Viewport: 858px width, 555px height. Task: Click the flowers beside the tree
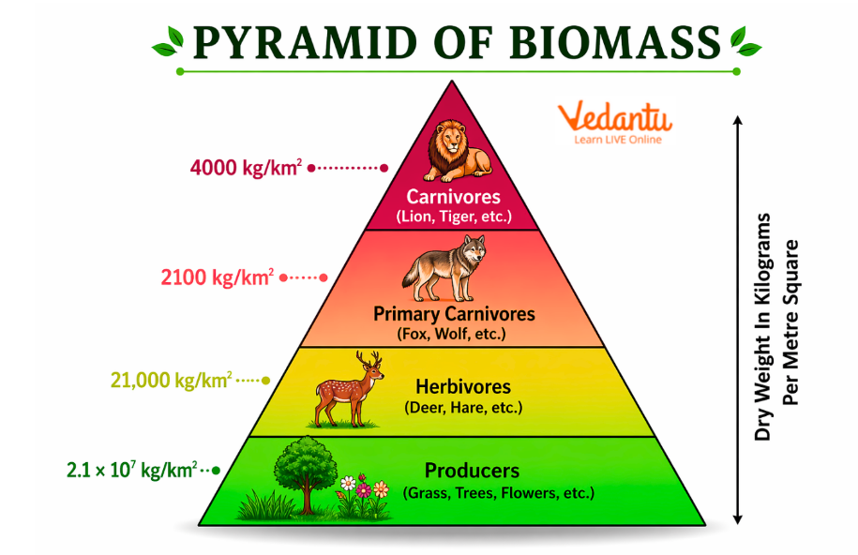pyautogui.click(x=364, y=495)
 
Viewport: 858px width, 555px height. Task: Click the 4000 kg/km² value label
pyautogui.click(x=246, y=168)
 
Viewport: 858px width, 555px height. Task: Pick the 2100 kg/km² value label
pyautogui.click(x=218, y=277)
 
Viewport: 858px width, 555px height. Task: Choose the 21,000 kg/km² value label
pyautogui.click(x=171, y=381)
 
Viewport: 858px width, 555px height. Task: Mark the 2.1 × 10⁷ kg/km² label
pyautogui.click(x=131, y=469)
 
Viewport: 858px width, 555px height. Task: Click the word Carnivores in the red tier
pyautogui.click(x=454, y=198)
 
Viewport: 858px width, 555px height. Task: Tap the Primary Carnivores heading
pyautogui.click(x=454, y=314)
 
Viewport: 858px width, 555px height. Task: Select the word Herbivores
pyautogui.click(x=463, y=386)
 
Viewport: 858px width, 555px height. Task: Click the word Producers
pyautogui.click(x=472, y=471)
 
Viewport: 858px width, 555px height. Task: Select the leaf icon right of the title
pyautogui.click(x=745, y=40)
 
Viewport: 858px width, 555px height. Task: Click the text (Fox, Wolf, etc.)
pyautogui.click(x=452, y=334)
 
